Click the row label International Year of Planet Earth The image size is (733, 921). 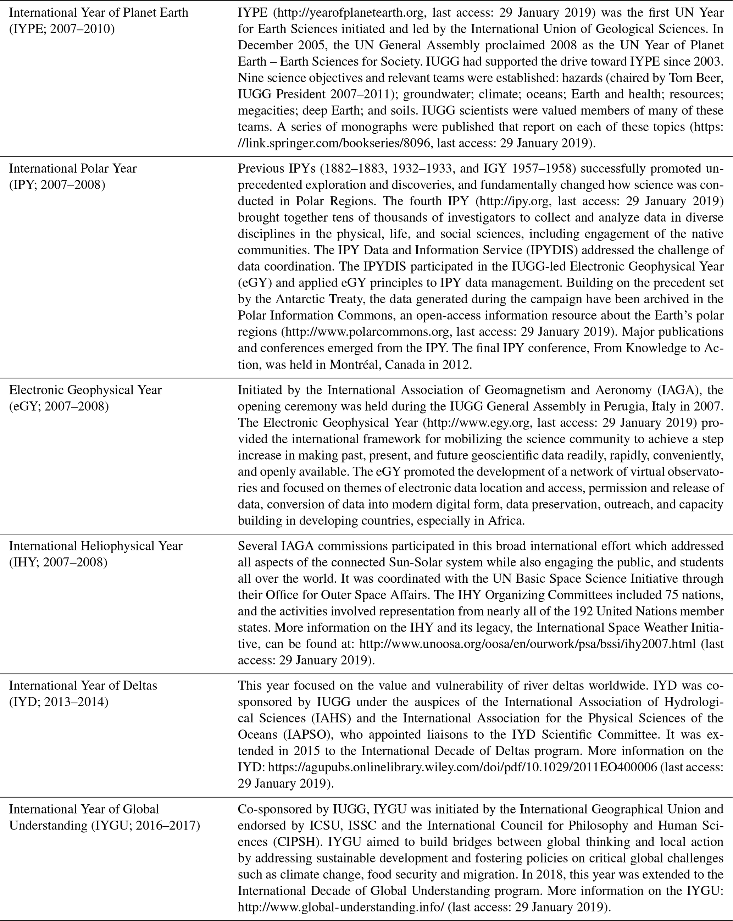[99, 12]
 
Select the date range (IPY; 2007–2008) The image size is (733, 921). [57, 185]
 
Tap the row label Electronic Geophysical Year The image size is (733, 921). [85, 390]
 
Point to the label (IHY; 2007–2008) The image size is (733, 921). [59, 562]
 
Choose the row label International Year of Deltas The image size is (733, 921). [83, 686]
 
